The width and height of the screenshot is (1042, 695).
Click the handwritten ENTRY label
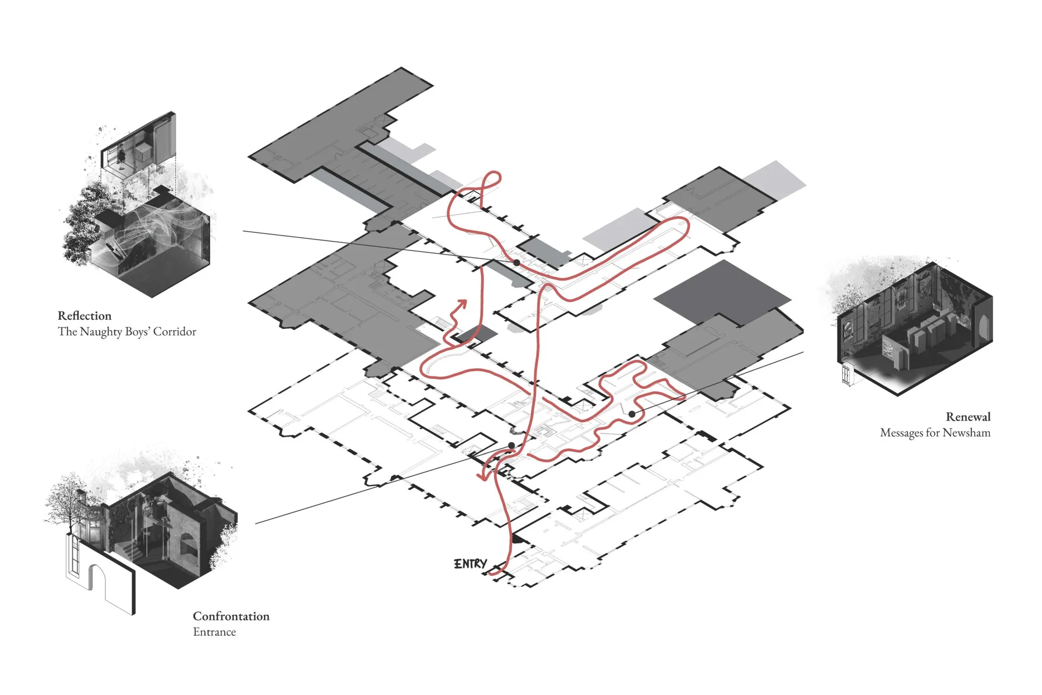471,564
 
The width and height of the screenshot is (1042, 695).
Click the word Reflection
85,316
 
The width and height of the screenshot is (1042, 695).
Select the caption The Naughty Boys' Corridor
127,332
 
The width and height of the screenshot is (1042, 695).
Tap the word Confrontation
231,616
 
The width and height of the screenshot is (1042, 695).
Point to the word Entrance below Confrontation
214,632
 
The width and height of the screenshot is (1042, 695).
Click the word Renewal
968,417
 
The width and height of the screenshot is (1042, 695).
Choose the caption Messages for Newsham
935,433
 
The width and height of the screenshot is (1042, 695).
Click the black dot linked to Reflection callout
517,262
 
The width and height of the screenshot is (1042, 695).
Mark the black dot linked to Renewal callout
632,414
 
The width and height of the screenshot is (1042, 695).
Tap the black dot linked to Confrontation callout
511,446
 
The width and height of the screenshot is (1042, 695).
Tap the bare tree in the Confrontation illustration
66,505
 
